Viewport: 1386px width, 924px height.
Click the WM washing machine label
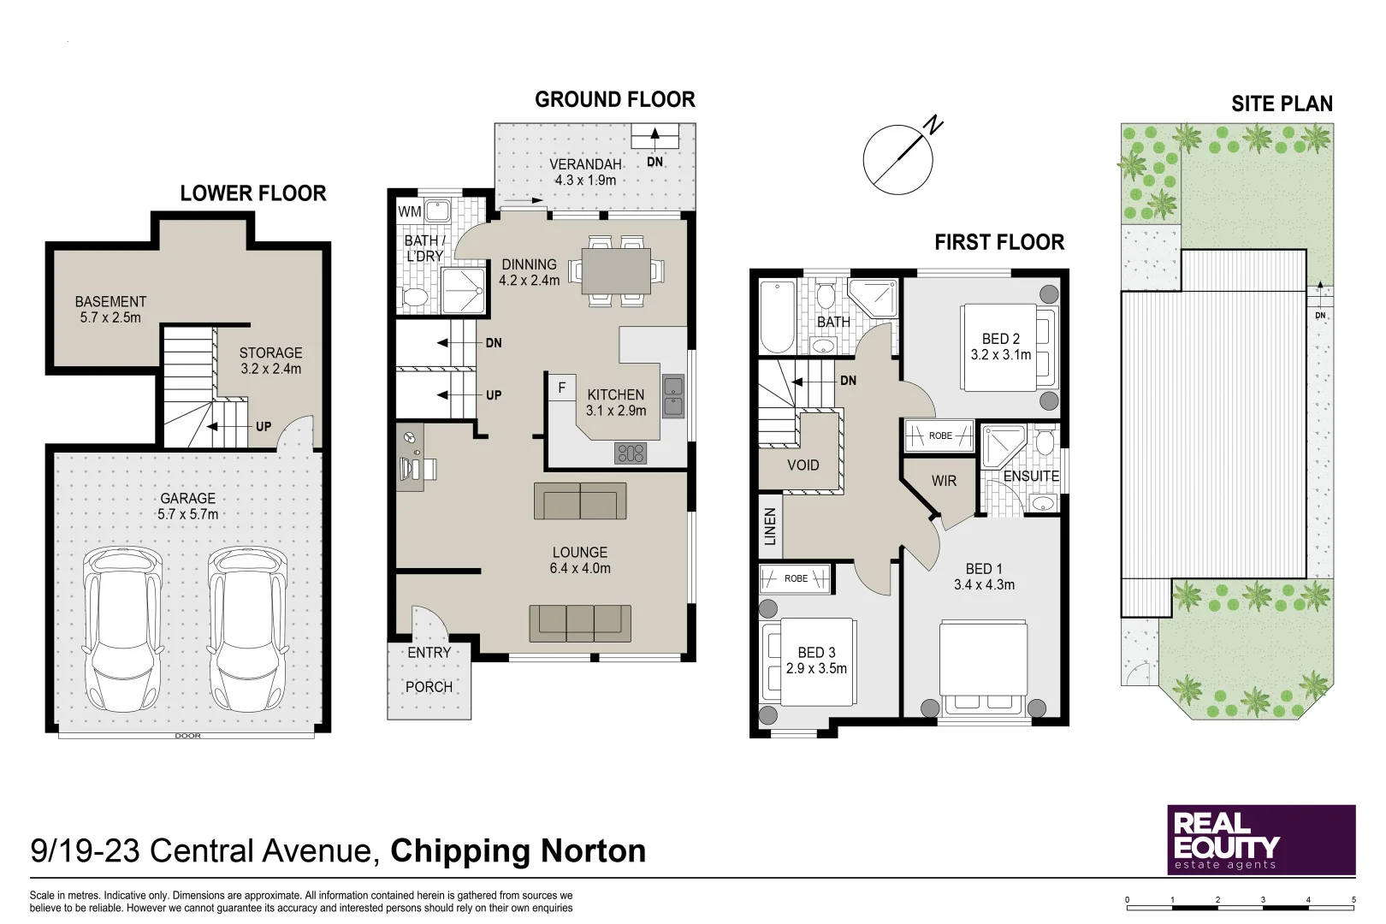tap(409, 211)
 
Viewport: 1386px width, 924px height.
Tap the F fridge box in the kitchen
tap(562, 388)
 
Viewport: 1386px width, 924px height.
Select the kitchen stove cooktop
tap(631, 453)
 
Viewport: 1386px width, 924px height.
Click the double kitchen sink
tap(673, 397)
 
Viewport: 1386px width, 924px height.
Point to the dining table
tap(616, 271)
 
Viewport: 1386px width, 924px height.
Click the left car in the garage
tap(123, 629)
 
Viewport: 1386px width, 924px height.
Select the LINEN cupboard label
tap(770, 527)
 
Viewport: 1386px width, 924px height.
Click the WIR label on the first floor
tap(944, 481)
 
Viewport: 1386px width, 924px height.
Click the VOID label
tap(803, 465)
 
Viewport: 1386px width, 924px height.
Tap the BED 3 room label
tap(816, 652)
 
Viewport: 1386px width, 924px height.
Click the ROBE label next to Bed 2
tap(940, 435)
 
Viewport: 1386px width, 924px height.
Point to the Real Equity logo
tap(1261, 840)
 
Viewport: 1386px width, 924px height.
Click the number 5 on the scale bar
tap(1353, 900)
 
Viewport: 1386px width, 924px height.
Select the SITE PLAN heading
tap(1282, 104)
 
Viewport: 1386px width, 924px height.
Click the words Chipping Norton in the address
tap(518, 851)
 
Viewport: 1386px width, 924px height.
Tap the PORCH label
tap(429, 687)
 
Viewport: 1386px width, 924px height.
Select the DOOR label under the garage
tap(187, 736)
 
